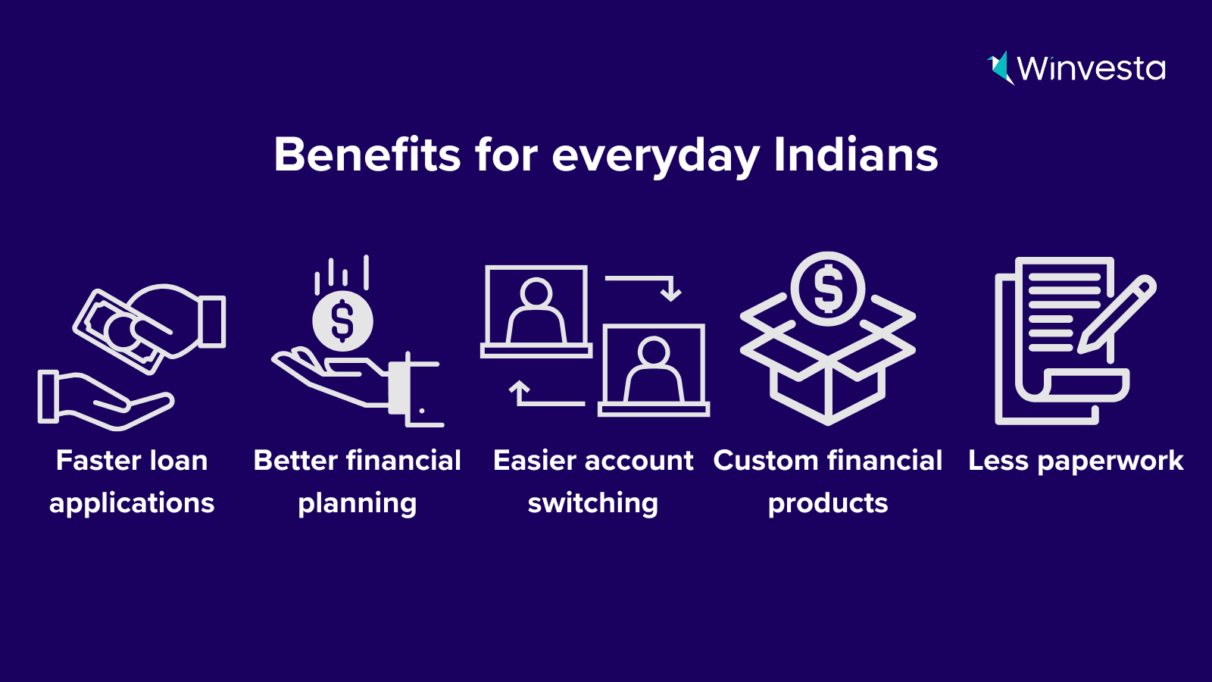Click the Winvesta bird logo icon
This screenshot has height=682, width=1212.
(x=1001, y=69)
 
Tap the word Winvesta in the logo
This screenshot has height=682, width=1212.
(x=1092, y=69)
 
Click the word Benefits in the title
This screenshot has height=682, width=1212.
(x=367, y=155)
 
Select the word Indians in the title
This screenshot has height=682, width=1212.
(x=855, y=155)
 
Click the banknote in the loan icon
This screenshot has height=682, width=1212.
(x=123, y=332)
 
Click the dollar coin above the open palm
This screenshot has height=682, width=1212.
(x=342, y=321)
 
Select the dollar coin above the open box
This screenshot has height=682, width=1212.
(x=827, y=289)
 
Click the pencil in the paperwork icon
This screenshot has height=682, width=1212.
(x=1117, y=315)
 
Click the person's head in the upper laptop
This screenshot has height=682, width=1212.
(x=536, y=294)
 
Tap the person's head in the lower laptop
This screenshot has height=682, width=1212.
(x=654, y=352)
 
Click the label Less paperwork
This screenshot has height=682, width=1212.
(x=1076, y=462)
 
